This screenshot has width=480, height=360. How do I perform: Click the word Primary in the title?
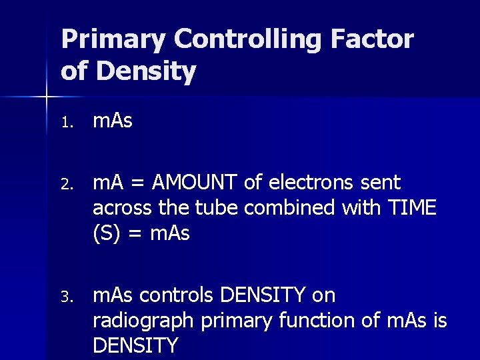click(x=112, y=40)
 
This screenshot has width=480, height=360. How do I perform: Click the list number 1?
click(x=65, y=122)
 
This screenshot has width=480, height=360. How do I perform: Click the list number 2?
click(x=65, y=183)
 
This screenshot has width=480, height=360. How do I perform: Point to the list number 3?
click(x=65, y=297)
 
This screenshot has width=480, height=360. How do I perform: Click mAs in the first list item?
click(x=113, y=121)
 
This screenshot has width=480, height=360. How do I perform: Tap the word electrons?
click(x=317, y=182)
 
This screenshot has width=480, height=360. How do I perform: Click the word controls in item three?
click(x=177, y=295)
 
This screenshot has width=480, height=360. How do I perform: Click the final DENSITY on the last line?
click(x=135, y=346)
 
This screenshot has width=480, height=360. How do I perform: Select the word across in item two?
click(x=121, y=208)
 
